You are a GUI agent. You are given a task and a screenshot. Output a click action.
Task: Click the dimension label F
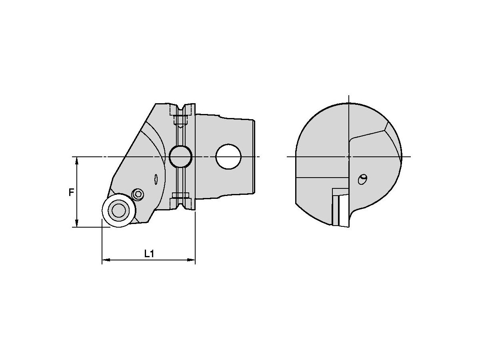tap(71, 192)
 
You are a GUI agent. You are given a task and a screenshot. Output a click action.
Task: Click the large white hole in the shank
tap(228, 156)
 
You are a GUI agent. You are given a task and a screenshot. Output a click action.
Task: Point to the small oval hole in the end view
tap(362, 180)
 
